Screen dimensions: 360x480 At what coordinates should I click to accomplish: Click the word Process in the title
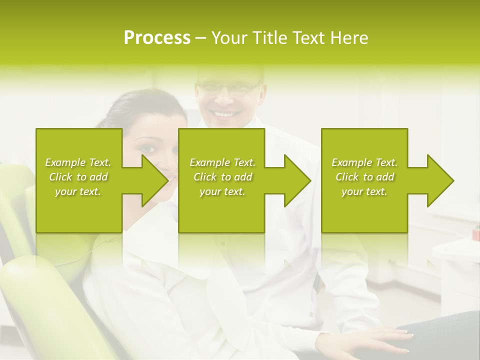click(157, 38)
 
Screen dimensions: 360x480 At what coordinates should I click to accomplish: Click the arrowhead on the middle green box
click(297, 181)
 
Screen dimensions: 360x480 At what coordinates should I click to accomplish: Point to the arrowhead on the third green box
click(440, 181)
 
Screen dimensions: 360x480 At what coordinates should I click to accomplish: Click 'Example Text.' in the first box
click(78, 162)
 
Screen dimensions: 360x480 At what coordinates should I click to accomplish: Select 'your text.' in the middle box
click(222, 191)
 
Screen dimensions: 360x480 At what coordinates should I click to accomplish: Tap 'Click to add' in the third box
click(364, 177)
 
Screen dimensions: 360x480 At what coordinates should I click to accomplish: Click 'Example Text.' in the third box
click(364, 162)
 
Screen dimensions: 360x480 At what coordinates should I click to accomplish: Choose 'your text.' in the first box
click(78, 191)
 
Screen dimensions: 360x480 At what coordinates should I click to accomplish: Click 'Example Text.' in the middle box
click(222, 162)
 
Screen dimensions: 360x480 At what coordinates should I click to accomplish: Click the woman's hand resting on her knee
click(380, 339)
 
